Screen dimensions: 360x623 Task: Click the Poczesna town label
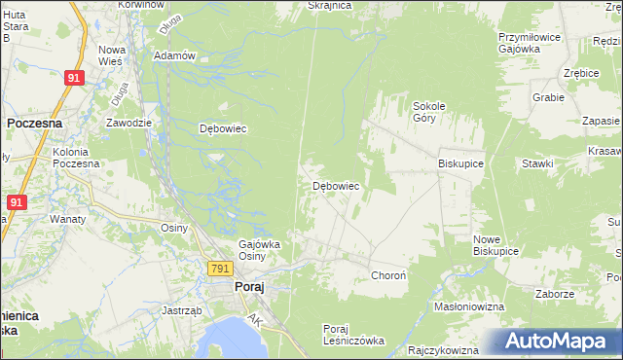pos(35,124)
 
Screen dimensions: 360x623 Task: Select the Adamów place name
pos(175,55)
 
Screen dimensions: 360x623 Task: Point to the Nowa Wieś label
pos(112,55)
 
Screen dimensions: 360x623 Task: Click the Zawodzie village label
pos(128,123)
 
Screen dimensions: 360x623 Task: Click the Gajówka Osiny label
pos(260,249)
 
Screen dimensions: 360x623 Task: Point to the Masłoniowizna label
pos(468,306)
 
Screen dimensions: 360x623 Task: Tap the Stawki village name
pos(536,164)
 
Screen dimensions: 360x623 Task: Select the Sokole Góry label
pos(429,111)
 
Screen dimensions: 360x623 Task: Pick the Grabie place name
pos(549,97)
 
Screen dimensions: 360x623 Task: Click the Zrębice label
pos(580,73)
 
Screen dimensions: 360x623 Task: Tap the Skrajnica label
pos(328,5)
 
